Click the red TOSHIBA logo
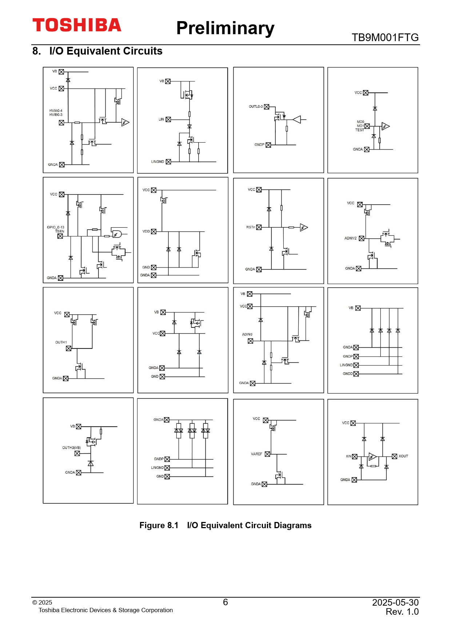77,25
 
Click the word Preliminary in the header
225,28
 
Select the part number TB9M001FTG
385,37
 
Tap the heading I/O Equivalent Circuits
105,51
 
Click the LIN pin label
161,119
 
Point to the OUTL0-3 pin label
255,107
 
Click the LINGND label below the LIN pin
157,162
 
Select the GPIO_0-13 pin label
55,227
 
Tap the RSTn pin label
250,227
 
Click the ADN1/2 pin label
350,238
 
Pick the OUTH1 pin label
61,342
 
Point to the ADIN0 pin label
247,334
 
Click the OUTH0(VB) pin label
71,448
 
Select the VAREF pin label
256,454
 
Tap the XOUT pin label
403,456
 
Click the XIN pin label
348,456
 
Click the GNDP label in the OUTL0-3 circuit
259,145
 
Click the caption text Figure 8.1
159,525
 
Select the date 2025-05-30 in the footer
395,602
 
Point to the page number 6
225,602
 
